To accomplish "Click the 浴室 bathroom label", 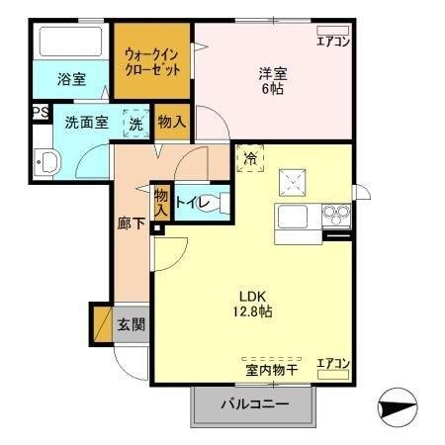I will pos(70,78).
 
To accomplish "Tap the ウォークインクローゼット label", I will pos(152,61).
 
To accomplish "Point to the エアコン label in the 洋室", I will pos(333,41).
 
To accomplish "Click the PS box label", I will pos(41,112).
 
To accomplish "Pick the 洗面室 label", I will pos(86,124).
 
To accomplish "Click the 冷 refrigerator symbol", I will pos(250,157).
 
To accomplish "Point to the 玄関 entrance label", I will pos(131,323).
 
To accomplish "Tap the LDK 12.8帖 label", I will pos(254,304).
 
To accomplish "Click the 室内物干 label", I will pos(271,368).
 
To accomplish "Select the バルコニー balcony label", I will pos(254,404).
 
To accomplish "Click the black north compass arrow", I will pos(398,405).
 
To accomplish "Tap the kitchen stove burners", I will pos(334,215).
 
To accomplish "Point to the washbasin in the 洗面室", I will pos(45,163).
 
